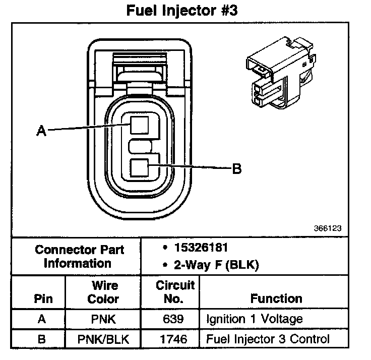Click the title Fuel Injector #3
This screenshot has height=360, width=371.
pyautogui.click(x=185, y=11)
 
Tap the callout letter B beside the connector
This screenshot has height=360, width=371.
pyautogui.click(x=236, y=169)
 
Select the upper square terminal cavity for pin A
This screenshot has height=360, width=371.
pyautogui.click(x=139, y=124)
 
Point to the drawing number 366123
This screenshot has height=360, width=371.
pyautogui.click(x=328, y=228)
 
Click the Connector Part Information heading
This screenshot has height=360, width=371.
pyautogui.click(x=80, y=256)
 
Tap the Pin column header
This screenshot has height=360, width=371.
pyautogui.click(x=43, y=298)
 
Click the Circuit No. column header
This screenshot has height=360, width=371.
pyautogui.click(x=175, y=292)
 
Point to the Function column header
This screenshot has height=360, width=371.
pyautogui.click(x=276, y=298)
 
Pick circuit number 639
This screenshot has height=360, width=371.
pyautogui.click(x=175, y=319)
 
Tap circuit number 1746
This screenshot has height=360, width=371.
pyautogui.click(x=175, y=339)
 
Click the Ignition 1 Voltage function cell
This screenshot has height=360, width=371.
pyautogui.click(x=255, y=319)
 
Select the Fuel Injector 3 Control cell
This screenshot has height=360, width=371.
pyautogui.click(x=268, y=339)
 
